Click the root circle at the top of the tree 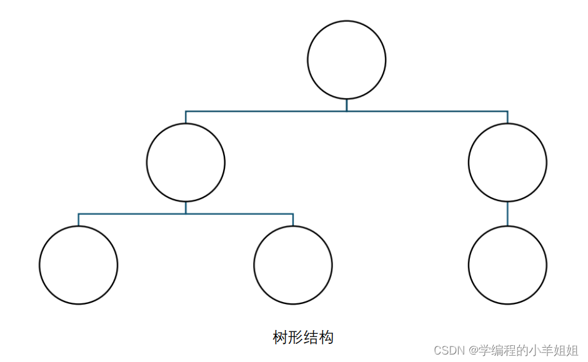347,60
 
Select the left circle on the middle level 186,162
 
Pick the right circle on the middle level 507,162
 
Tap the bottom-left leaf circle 79,265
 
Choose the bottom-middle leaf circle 293,265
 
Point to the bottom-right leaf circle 507,265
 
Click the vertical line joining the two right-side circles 507,213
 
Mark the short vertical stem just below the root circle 347,105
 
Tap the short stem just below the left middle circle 186,208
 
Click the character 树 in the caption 280,338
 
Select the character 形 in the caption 295,338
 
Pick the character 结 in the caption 311,338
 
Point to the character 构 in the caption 326,338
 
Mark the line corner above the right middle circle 507,111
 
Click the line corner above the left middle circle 186,111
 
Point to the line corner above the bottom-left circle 79,214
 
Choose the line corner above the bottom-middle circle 293,214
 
